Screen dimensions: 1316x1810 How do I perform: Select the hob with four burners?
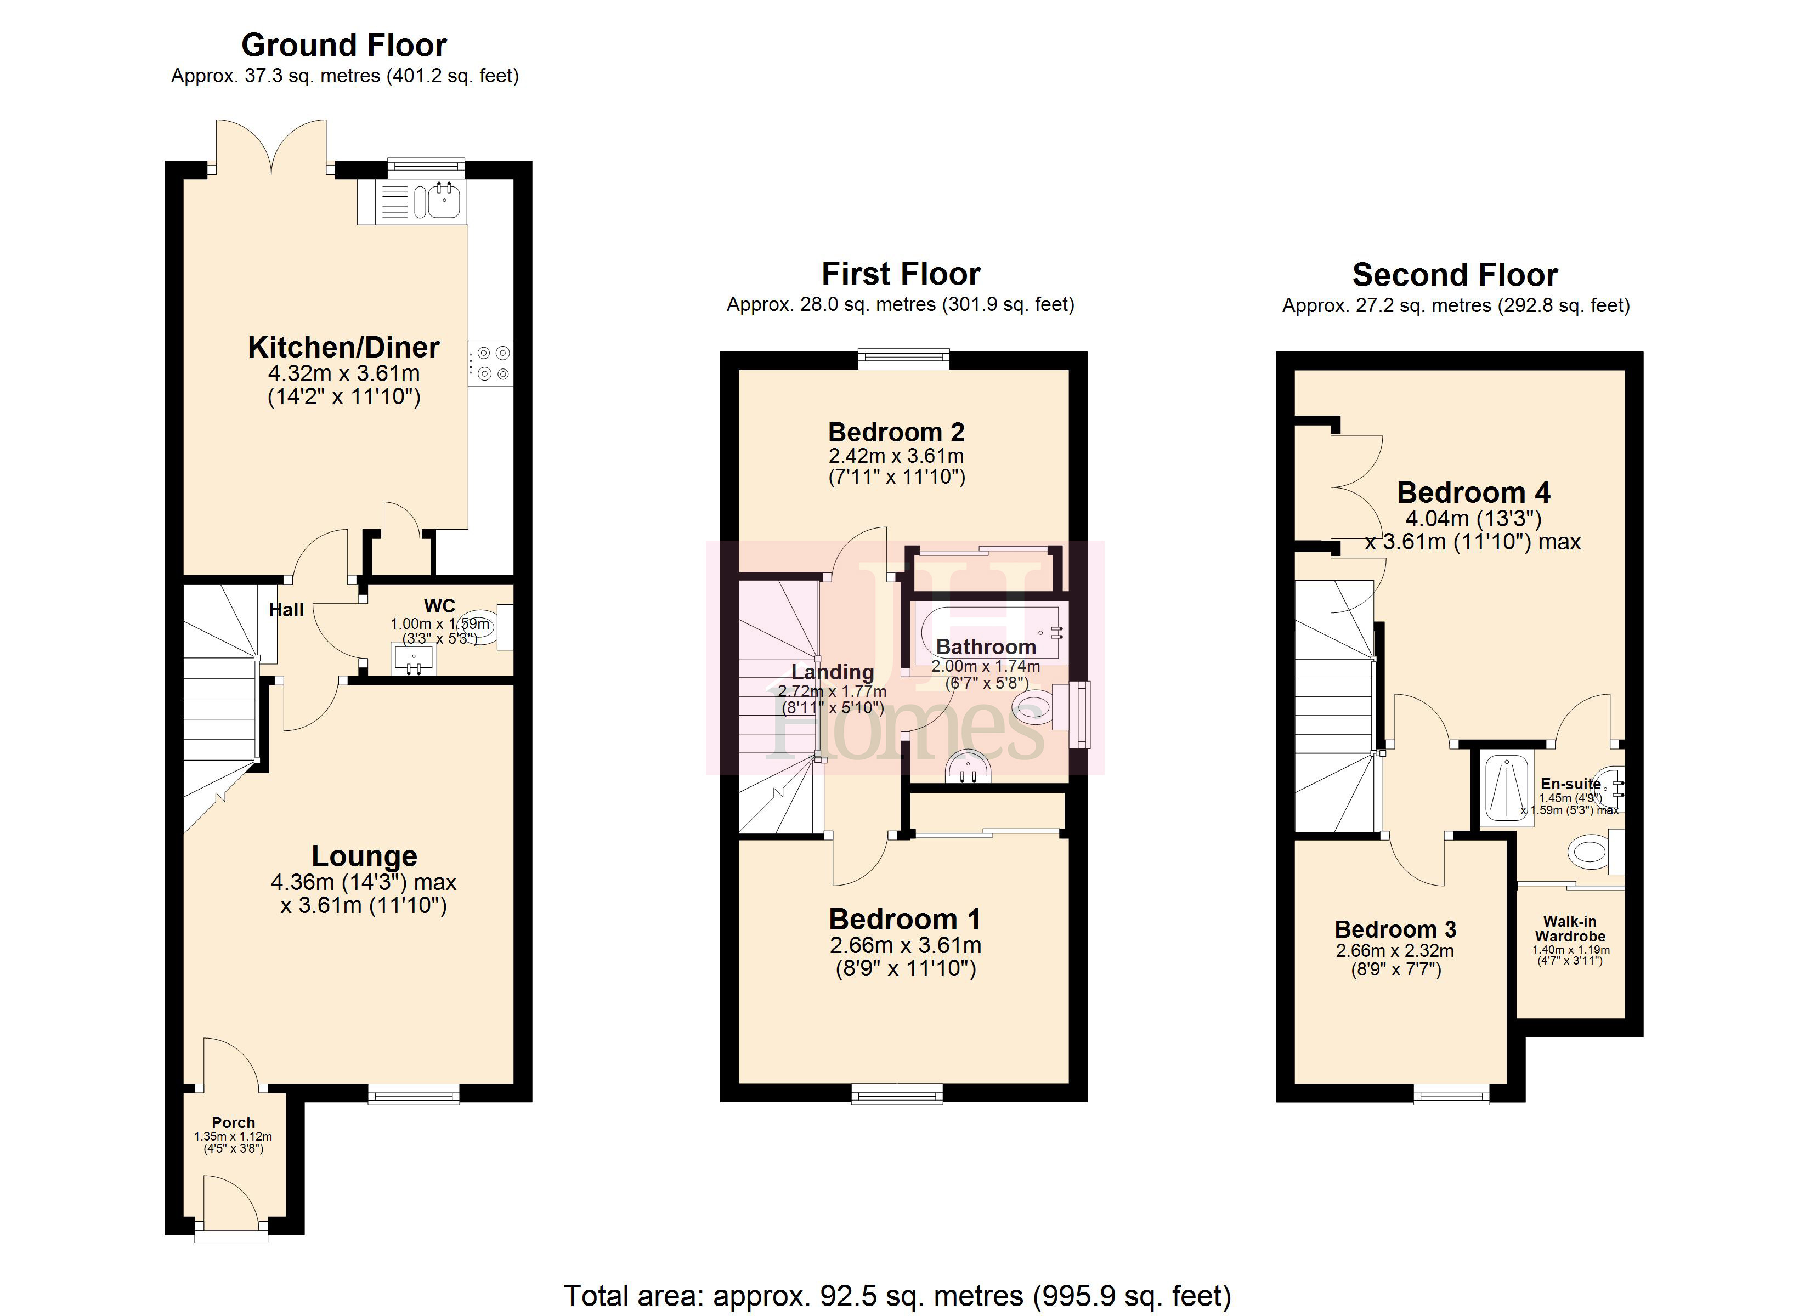coord(491,363)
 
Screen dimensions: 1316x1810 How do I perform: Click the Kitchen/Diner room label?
coord(344,347)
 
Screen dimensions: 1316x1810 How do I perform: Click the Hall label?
coord(286,610)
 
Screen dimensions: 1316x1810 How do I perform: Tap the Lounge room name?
coord(364,856)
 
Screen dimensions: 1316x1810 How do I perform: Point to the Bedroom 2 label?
coord(896,433)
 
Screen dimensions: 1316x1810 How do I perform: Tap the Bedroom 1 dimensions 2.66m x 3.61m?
coord(905,946)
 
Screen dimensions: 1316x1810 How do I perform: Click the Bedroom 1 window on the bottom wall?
coord(897,1093)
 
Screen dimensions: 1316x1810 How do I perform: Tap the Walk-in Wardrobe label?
coord(1570,929)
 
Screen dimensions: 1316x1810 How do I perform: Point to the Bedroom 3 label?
coord(1395,930)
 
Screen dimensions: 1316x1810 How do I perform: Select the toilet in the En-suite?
coord(1588,852)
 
